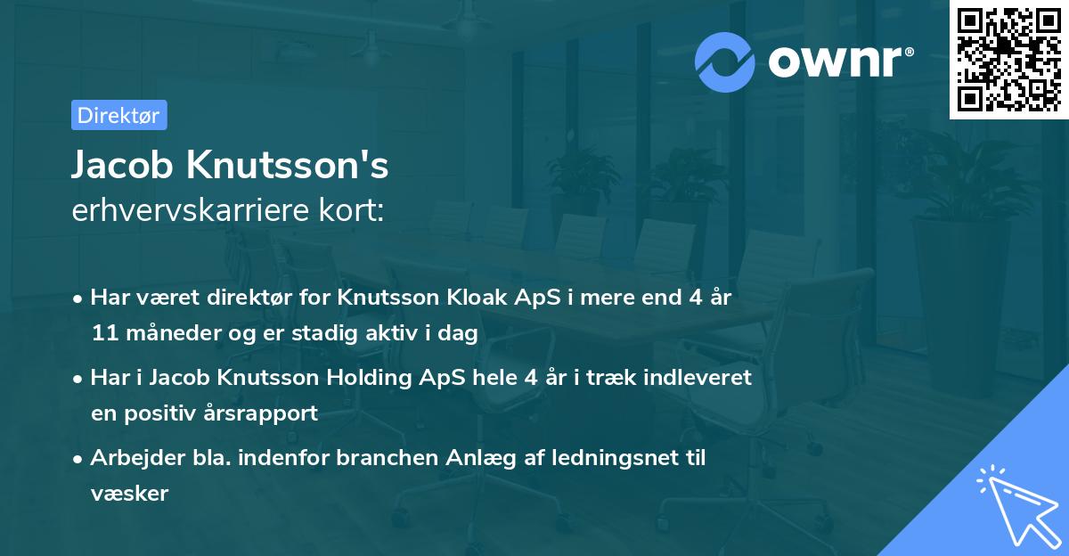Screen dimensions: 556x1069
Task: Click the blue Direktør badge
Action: tap(118, 115)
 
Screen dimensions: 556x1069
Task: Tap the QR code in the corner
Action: tap(1008, 60)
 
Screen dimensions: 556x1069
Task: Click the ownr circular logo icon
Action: tap(726, 61)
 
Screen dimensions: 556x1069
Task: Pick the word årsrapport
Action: tap(267, 413)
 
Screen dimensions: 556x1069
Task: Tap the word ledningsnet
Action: tap(615, 458)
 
